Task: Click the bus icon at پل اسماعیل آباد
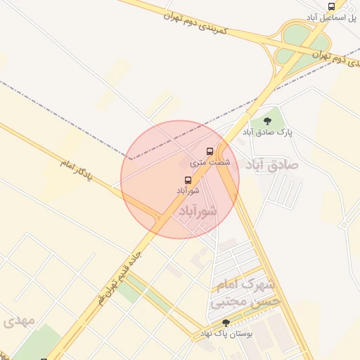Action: (x=331, y=6)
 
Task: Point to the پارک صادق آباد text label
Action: (x=267, y=131)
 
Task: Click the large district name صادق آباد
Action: (x=271, y=164)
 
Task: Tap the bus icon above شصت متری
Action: (x=209, y=151)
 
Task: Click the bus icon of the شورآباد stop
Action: (x=187, y=180)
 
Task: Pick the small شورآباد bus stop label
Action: (x=188, y=190)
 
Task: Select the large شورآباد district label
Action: (x=195, y=210)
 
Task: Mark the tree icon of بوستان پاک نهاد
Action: (x=226, y=322)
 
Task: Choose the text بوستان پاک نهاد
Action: (x=226, y=333)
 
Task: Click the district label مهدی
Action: (x=18, y=321)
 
